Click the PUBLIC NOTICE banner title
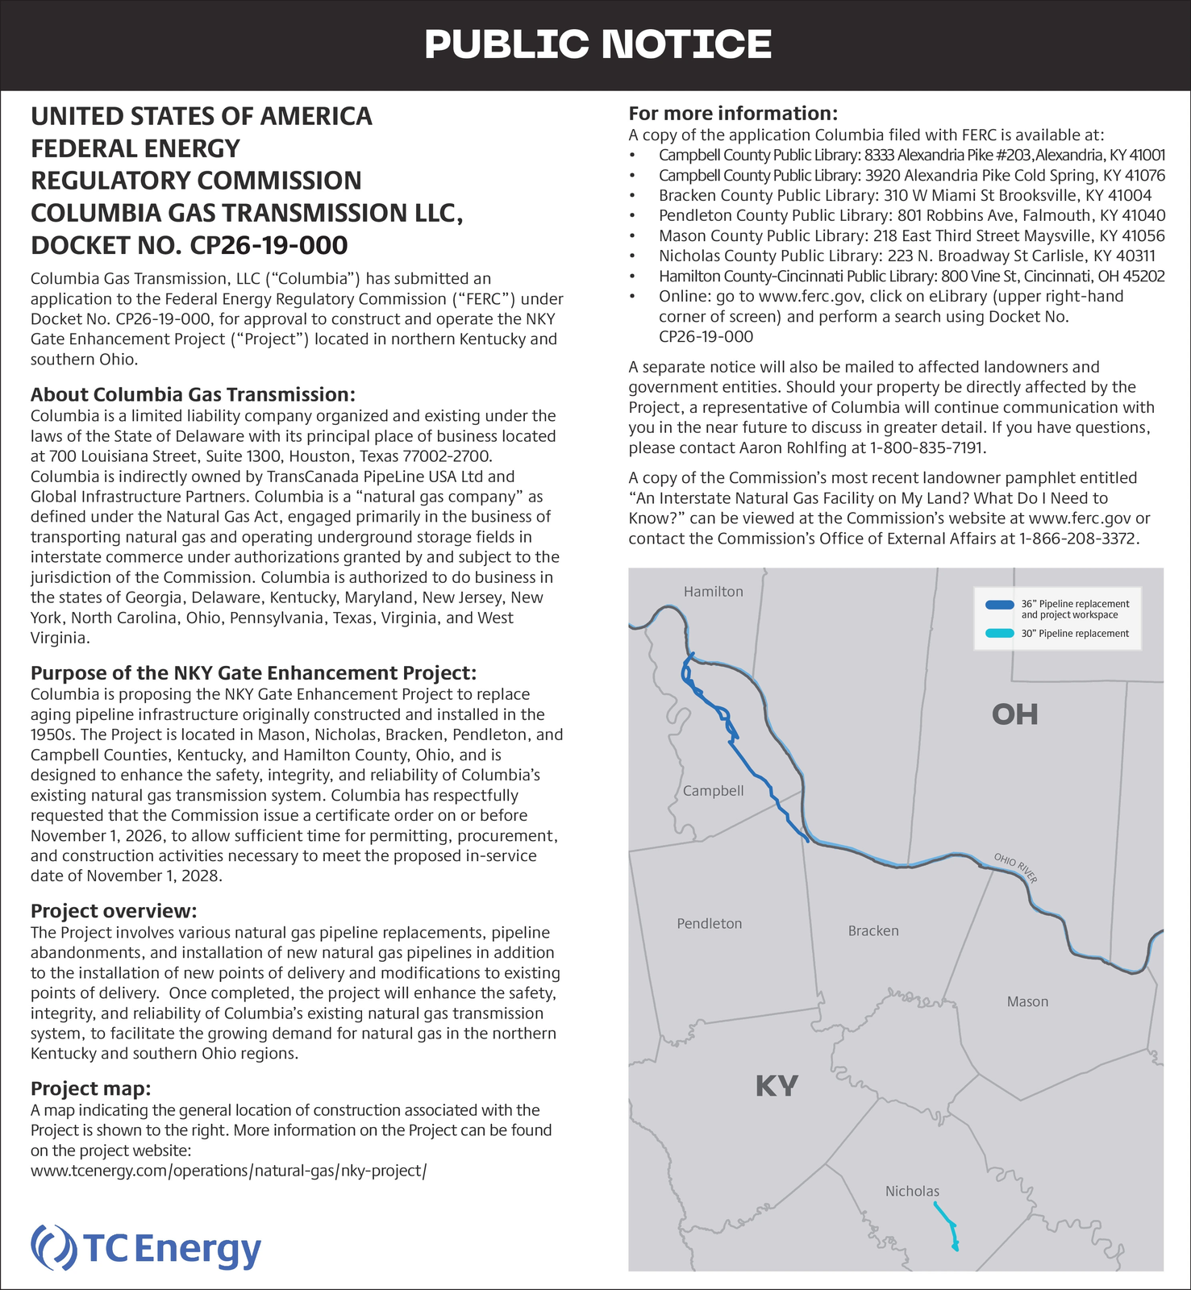coord(598,44)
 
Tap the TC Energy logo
coord(146,1249)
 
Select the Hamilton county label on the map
coord(713,592)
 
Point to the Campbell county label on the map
coord(713,791)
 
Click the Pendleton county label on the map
coord(709,924)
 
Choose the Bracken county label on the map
coord(872,931)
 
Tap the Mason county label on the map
coord(1027,1002)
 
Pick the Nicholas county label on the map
coord(912,1192)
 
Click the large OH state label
coord(1014,714)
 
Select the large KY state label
coord(777,1087)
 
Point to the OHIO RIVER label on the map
coord(1015,868)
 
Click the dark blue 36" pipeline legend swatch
coord(1000,604)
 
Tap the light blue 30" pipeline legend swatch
coord(1000,634)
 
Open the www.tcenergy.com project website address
coord(228,1171)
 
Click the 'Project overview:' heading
coord(114,911)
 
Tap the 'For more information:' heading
coord(733,113)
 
